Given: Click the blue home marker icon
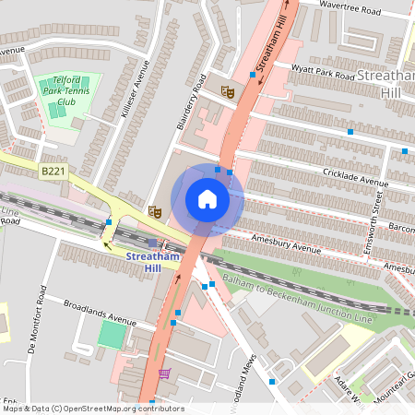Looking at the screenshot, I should (207, 198).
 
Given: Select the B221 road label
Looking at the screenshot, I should (52, 171).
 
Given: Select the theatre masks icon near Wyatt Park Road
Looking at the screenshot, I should (228, 90).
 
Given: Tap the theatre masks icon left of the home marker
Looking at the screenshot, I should (155, 212).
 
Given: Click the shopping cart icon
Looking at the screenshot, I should (164, 373).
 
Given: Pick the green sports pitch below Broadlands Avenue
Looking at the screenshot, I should (113, 334).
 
